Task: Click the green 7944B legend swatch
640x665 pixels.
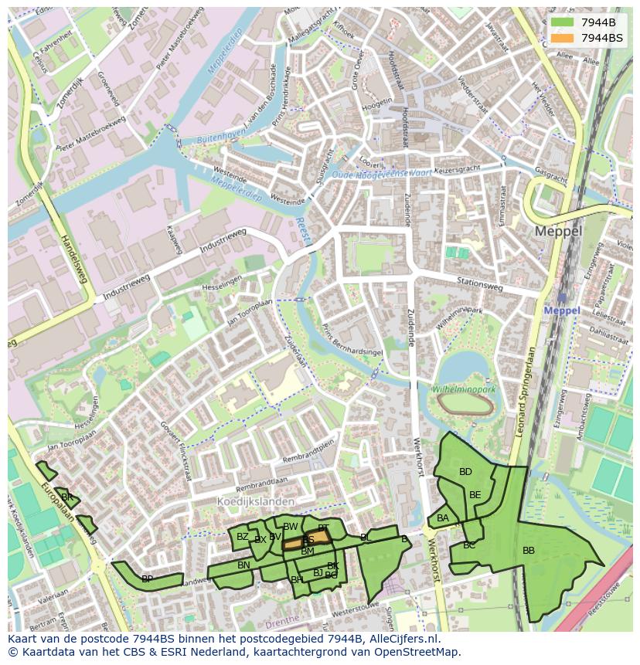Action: click(563, 22)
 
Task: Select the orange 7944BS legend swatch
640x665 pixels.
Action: click(563, 38)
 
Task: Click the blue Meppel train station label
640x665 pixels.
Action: click(562, 310)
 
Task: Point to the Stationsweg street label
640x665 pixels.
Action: click(479, 285)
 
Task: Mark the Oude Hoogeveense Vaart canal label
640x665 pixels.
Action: click(382, 175)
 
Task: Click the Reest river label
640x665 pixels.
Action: click(302, 229)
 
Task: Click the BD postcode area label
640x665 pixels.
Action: click(465, 472)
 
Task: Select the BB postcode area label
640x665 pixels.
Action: click(529, 551)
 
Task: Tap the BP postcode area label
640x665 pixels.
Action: click(147, 578)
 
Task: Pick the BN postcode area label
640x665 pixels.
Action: click(243, 565)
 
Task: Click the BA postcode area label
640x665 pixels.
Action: click(443, 518)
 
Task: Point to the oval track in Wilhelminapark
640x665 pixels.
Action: click(465, 402)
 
